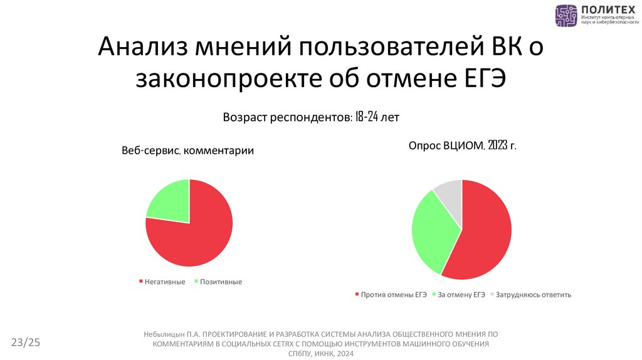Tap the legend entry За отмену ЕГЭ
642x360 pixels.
click(x=461, y=294)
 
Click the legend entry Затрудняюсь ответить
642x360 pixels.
click(x=533, y=294)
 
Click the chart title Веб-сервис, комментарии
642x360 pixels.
click(x=187, y=151)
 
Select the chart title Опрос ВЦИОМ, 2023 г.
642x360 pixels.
click(x=462, y=146)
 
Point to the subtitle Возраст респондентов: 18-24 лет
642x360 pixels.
click(x=311, y=117)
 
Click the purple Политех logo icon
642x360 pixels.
click(x=566, y=15)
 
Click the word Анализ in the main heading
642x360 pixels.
click(x=144, y=50)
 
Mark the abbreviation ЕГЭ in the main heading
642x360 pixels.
click(x=479, y=80)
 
